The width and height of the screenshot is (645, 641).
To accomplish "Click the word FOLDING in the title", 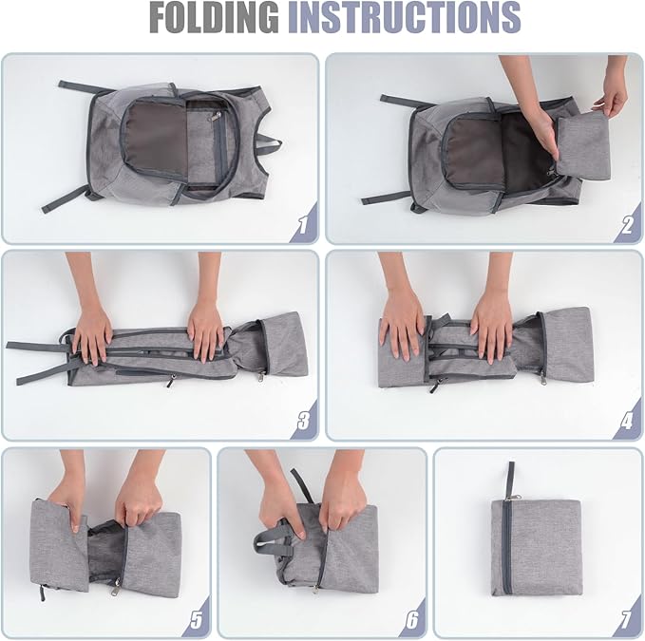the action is (215, 18).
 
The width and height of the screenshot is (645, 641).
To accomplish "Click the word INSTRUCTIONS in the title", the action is (405, 18).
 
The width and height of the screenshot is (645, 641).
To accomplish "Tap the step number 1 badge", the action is (304, 224).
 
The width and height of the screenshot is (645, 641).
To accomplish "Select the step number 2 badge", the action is (628, 224).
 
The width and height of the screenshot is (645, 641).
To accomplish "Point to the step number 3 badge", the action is (304, 421).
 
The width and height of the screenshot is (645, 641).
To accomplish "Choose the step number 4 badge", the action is (628, 421).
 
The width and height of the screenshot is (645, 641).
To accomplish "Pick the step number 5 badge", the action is (197, 618).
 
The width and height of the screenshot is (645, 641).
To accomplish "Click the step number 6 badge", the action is (412, 618).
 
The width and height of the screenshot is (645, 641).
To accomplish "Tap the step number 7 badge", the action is (628, 618).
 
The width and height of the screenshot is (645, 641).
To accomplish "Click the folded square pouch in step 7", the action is (536, 548).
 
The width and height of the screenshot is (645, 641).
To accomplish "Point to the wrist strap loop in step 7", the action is (510, 479).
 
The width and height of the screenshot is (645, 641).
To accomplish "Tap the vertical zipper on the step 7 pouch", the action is (507, 547).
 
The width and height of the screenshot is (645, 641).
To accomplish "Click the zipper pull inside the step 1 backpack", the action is (215, 117).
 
